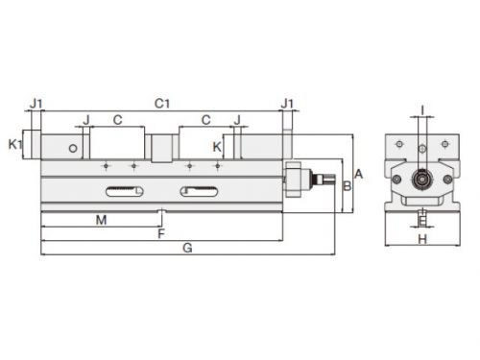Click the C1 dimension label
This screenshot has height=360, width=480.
click(162, 104)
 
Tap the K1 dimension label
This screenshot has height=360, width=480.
click(15, 145)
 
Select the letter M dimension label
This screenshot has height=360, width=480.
click(102, 220)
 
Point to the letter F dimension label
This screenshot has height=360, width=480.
click(161, 234)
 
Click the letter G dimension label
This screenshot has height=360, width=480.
click(187, 248)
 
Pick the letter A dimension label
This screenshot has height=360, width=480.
click(358, 174)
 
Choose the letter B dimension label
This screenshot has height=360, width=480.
click(347, 186)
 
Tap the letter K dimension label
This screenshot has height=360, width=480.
click(217, 147)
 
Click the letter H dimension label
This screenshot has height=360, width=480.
click(422, 239)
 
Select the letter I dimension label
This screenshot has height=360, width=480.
click(422, 110)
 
